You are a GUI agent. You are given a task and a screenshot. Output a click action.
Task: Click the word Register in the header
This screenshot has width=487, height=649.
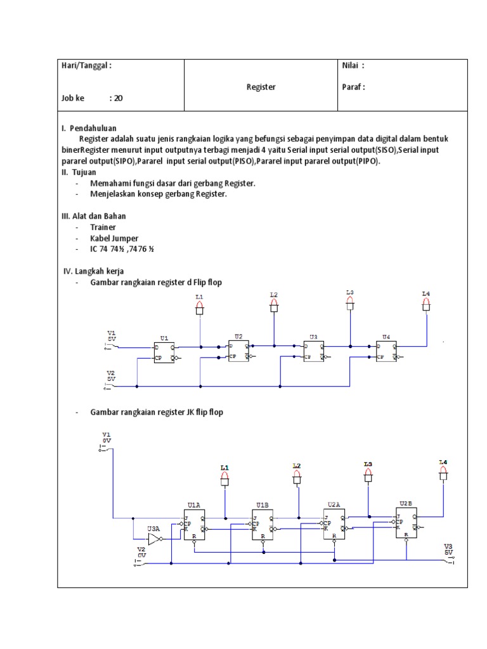(x=261, y=87)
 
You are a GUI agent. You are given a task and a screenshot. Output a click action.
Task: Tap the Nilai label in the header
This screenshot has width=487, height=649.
(x=353, y=65)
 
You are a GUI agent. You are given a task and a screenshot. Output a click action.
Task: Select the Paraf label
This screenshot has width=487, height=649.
(x=353, y=87)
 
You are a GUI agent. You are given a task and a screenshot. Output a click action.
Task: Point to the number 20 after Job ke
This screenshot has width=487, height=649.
(x=118, y=98)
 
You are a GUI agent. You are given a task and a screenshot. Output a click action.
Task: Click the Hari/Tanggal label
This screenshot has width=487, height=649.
(x=86, y=65)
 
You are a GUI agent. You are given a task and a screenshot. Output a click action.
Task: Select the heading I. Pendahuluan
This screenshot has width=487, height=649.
(x=89, y=128)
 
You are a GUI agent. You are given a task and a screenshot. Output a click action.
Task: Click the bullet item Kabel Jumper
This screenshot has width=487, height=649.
(x=114, y=238)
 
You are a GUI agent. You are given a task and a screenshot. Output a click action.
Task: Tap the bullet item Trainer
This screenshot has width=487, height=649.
(x=103, y=227)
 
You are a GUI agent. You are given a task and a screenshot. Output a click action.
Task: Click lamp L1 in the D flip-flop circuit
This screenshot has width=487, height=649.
(x=200, y=308)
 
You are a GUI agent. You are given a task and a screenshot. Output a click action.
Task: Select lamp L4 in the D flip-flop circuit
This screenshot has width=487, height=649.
(x=426, y=305)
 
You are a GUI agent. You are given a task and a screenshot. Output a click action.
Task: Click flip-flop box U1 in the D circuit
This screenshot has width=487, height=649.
(x=164, y=352)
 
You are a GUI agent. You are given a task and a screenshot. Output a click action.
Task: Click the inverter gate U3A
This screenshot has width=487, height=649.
(x=154, y=539)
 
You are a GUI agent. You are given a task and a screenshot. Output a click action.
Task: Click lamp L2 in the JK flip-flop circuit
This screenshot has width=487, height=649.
(x=296, y=479)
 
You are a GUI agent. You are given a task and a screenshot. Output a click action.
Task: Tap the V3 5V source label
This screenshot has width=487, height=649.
(x=448, y=549)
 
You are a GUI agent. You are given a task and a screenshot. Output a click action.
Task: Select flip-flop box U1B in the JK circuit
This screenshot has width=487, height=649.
(x=263, y=525)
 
